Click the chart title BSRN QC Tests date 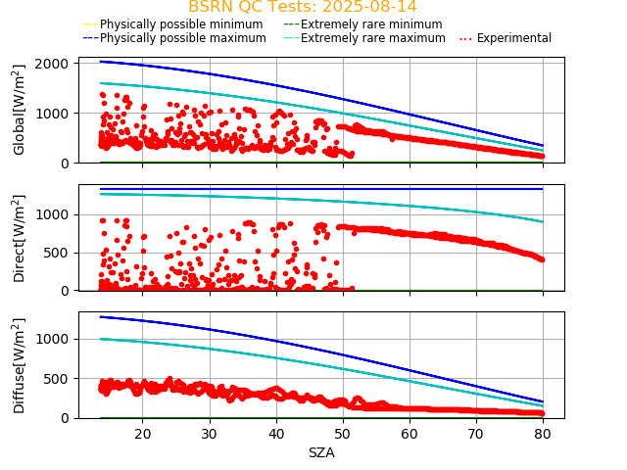pyautogui.click(x=303, y=7)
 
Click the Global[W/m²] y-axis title pyautogui.click(x=20, y=110)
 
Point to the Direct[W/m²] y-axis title pyautogui.click(x=20, y=238)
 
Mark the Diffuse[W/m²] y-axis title pyautogui.click(x=20, y=365)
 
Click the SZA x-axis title pyautogui.click(x=321, y=452)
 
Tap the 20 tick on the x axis pyautogui.click(x=142, y=434)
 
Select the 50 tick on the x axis pyautogui.click(x=342, y=434)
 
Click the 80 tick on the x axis pyautogui.click(x=542, y=434)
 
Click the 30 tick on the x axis pyautogui.click(x=209, y=434)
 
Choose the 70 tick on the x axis pyautogui.click(x=475, y=434)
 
